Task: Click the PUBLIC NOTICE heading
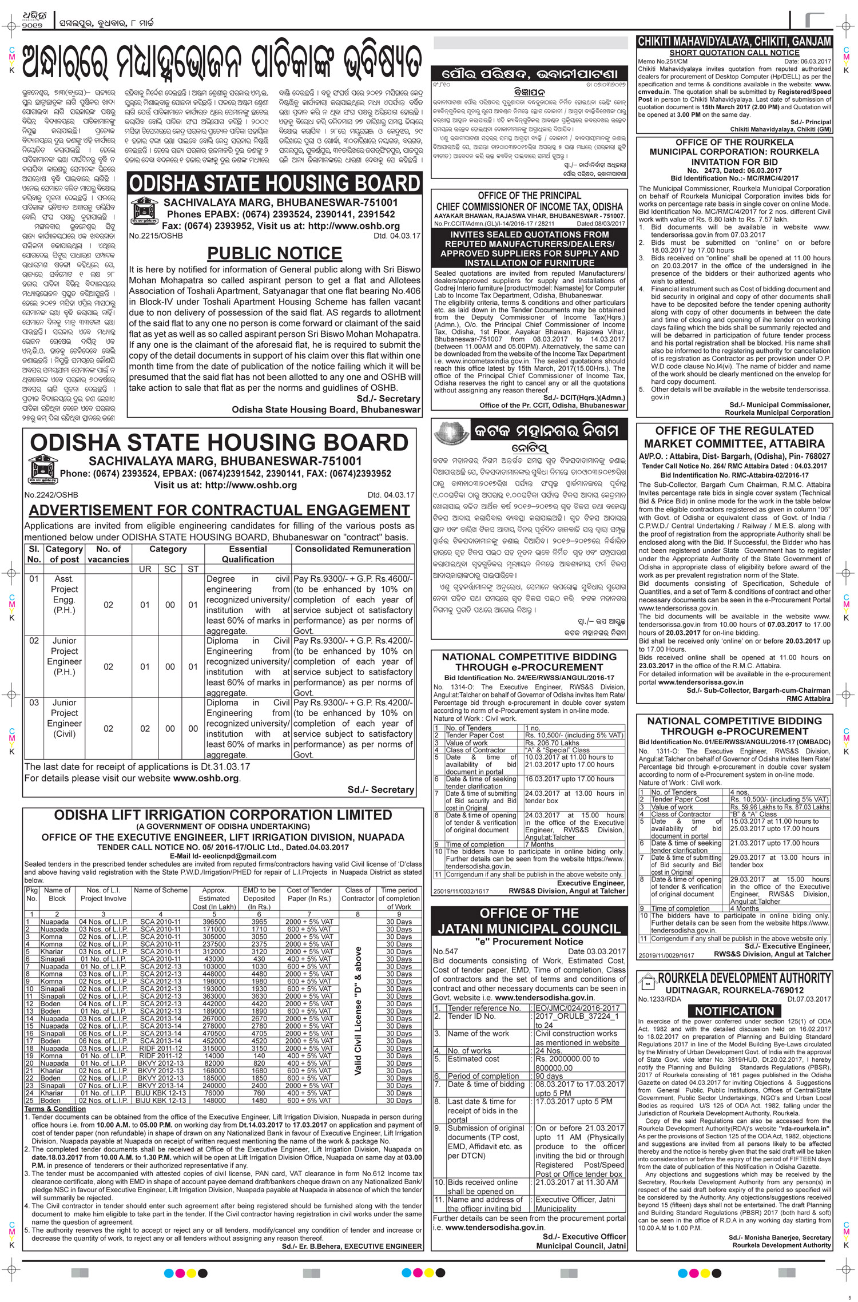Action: coord(274,253)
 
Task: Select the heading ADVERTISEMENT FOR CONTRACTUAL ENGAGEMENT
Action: coord(211,510)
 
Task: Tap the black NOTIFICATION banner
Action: coord(734,1011)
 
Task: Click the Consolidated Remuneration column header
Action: coord(352,549)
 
